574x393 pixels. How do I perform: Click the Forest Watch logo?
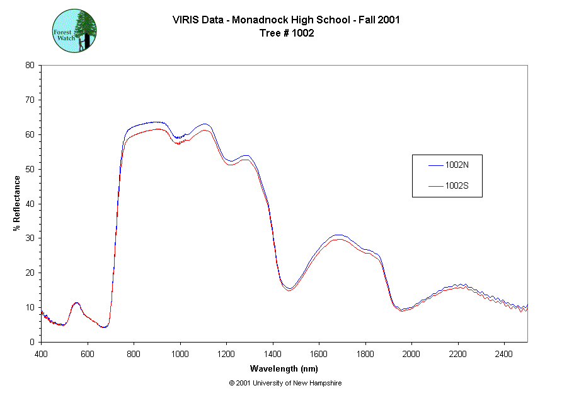click(x=74, y=30)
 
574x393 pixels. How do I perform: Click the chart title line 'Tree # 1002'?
click(x=287, y=33)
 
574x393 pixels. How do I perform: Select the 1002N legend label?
click(x=456, y=165)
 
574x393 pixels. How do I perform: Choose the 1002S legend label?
click(x=456, y=186)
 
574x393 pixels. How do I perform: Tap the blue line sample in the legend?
click(x=436, y=165)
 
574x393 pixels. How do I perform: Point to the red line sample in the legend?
click(x=436, y=186)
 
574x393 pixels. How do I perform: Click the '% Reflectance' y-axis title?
click(x=17, y=203)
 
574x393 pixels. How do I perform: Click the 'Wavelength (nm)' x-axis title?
click(x=284, y=368)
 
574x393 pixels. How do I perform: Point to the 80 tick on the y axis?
click(x=30, y=65)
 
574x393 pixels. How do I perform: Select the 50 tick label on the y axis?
click(x=30, y=169)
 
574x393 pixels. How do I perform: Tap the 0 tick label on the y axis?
click(x=32, y=342)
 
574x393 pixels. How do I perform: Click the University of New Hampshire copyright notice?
click(x=285, y=383)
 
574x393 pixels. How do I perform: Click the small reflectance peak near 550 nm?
click(x=76, y=303)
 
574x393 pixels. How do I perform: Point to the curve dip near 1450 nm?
click(x=289, y=289)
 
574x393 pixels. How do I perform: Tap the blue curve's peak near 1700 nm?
click(x=338, y=235)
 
